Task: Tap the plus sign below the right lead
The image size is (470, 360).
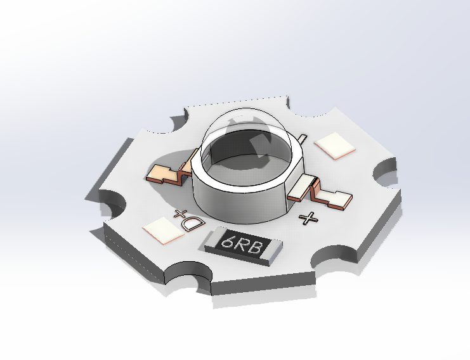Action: [308, 218]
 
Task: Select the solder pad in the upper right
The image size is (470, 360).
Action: [334, 145]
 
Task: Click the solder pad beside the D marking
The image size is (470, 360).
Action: [164, 230]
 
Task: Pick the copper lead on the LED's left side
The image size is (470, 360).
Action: [168, 172]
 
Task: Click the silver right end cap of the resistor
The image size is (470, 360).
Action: [274, 250]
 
